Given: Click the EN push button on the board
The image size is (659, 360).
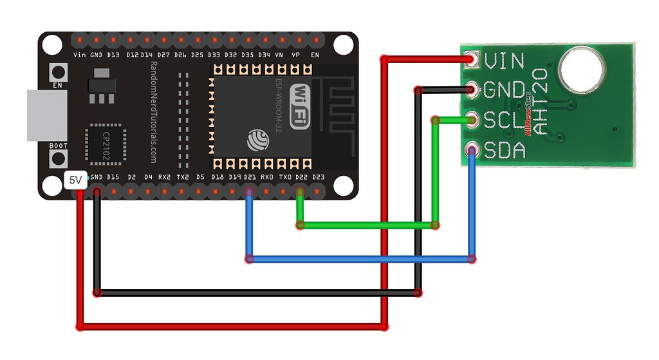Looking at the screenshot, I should tap(59, 71).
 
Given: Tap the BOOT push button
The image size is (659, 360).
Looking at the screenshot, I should tap(59, 158).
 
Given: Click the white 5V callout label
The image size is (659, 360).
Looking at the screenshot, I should tap(75, 181).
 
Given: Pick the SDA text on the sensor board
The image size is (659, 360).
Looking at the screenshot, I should tap(505, 151).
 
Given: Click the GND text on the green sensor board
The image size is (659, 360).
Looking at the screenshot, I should tap(505, 90).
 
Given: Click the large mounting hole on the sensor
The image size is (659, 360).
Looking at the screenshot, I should tap(581, 70).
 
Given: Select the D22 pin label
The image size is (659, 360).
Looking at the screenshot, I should tap(301, 176).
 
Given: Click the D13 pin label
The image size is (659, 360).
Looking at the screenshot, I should tap(113, 55).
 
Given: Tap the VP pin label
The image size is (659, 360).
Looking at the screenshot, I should tap(295, 55).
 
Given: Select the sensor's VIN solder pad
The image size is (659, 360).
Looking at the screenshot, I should tap(473, 61).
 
